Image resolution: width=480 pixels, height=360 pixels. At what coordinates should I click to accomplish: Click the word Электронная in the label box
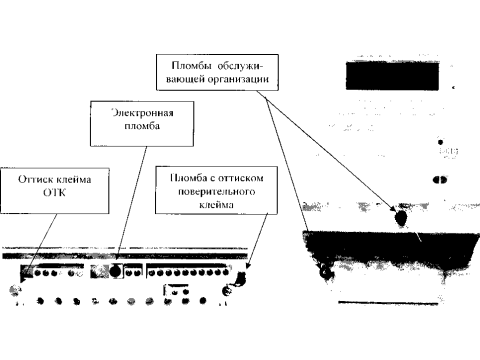142,113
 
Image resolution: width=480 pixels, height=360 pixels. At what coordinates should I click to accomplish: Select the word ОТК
54,192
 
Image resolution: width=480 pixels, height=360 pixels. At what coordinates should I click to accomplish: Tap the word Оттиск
36,179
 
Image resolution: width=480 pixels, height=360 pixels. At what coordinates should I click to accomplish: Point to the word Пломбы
191,65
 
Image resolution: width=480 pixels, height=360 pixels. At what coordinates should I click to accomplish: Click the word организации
238,79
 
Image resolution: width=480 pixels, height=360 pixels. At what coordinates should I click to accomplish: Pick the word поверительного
216,192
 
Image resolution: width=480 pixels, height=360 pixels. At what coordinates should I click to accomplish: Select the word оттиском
241,178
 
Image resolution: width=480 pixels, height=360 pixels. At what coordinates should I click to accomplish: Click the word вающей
185,79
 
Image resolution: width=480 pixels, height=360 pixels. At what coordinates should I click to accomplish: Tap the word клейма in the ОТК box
74,179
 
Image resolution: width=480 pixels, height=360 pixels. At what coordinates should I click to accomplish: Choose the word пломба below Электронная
142,126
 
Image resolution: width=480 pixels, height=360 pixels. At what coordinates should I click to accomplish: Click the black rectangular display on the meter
392,76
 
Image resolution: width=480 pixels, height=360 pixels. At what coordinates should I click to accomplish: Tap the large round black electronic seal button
115,271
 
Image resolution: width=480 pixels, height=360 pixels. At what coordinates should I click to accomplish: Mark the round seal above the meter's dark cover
401,218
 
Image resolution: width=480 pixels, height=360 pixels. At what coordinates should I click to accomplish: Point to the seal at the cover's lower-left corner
325,273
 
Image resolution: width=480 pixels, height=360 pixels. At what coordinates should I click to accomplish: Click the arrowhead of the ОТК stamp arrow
22,279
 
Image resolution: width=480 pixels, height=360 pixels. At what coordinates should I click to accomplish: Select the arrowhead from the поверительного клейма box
248,265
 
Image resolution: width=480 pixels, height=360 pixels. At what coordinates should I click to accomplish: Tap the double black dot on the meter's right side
440,180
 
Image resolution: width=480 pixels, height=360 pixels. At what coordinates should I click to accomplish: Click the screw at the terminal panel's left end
14,290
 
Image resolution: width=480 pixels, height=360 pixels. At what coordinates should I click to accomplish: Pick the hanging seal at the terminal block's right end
241,277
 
